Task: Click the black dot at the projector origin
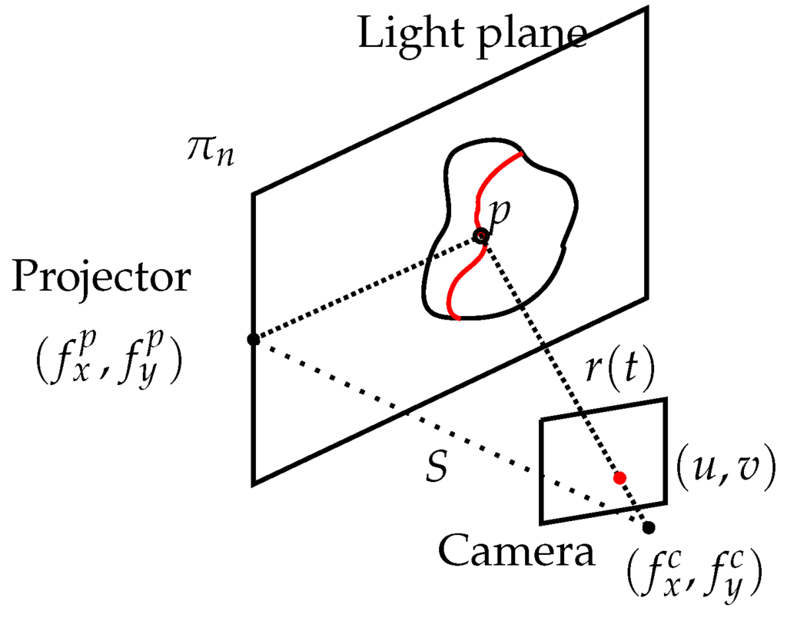tap(252, 339)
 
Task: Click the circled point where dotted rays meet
tap(481, 235)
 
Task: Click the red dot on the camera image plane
tap(619, 477)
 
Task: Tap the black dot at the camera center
tap(649, 527)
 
